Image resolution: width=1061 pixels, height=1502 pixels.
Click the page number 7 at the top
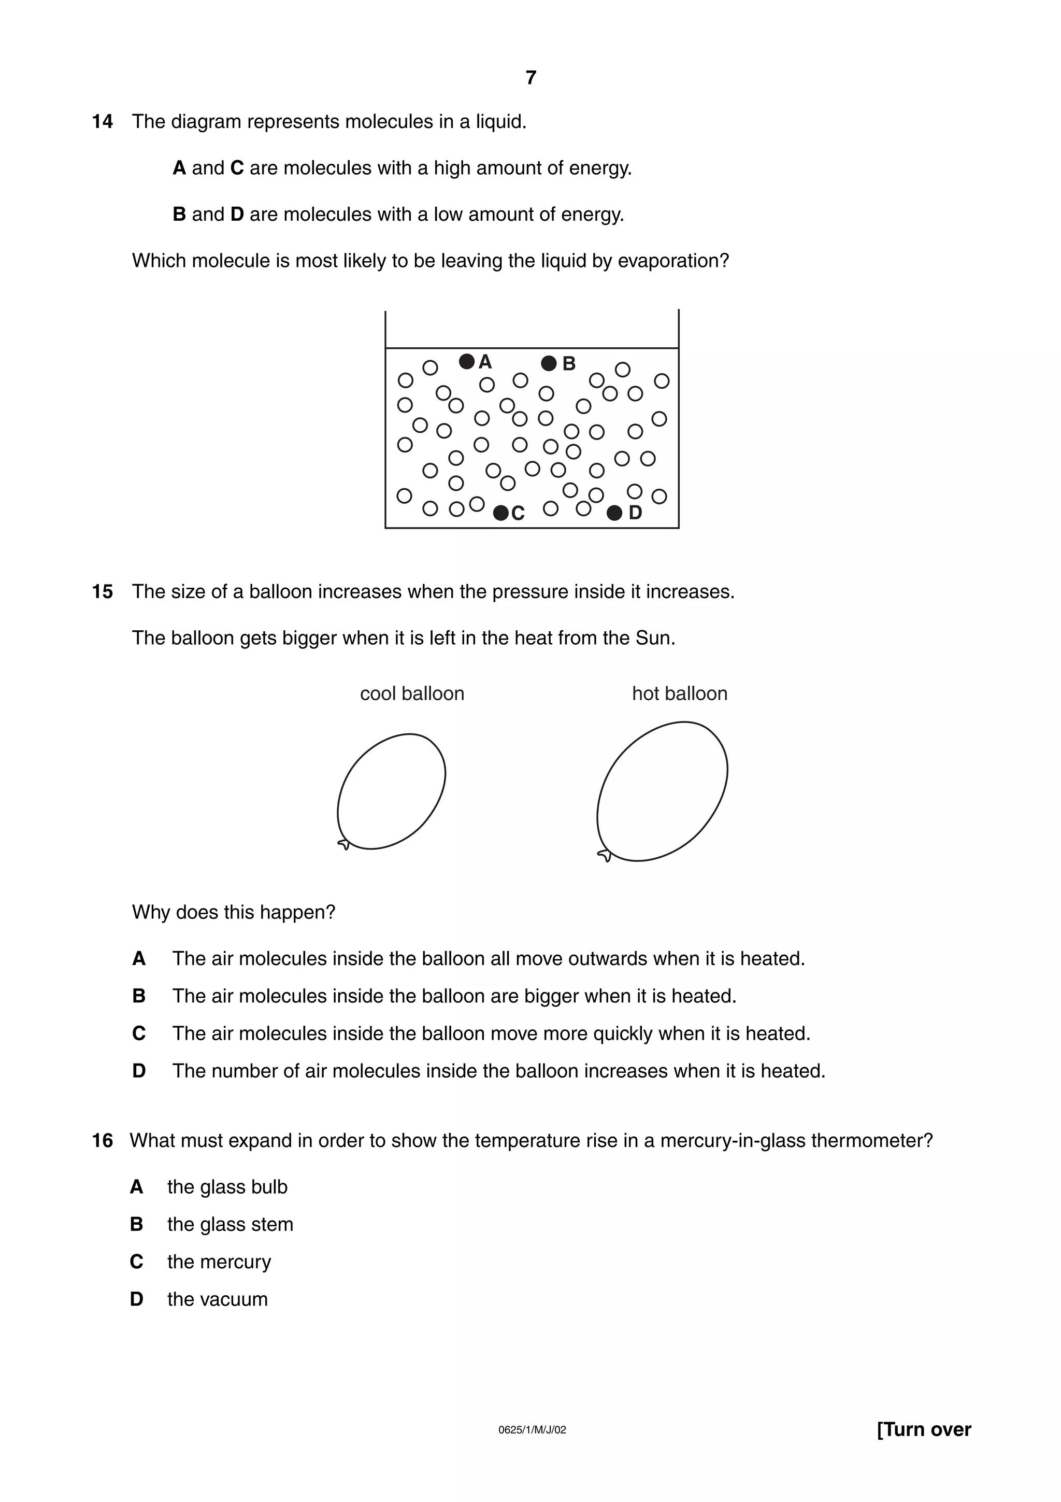coord(531,78)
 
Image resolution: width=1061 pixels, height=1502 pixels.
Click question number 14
coord(102,122)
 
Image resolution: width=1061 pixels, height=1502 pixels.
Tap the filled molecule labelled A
coord(466,361)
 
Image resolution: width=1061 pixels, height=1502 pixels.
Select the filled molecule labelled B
coord(549,363)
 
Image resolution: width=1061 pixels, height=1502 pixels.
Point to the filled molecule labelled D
coord(614,513)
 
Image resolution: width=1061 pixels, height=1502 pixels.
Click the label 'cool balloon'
coord(412,693)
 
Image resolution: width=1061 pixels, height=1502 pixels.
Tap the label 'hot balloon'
coord(679,693)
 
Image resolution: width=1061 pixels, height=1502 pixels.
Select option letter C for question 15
coord(139,1033)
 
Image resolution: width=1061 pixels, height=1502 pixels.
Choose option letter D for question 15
coord(139,1071)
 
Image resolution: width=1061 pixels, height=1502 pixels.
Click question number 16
coord(102,1141)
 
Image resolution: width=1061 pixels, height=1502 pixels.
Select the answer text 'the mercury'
coord(219,1262)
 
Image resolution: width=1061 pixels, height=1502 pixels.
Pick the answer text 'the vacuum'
coord(217,1299)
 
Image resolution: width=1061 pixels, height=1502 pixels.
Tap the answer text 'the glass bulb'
coord(227,1187)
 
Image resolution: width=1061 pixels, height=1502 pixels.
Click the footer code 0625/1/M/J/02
coord(532,1448)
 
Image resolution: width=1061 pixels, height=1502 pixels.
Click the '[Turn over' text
coord(924,1448)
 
